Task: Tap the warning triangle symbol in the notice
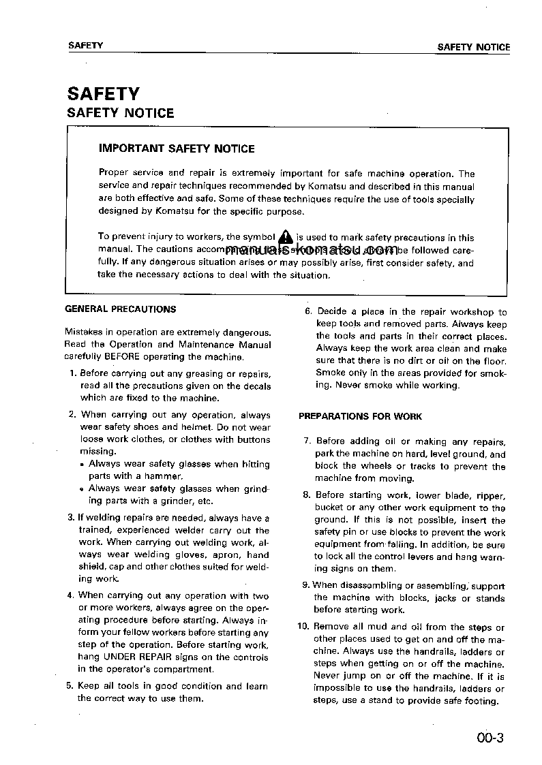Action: click(286, 237)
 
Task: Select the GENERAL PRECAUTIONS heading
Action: click(120, 309)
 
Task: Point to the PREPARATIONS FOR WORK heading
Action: click(360, 416)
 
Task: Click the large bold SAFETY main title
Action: click(103, 93)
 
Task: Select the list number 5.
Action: click(70, 686)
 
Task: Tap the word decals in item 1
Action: click(256, 386)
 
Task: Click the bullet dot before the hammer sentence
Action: click(82, 465)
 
